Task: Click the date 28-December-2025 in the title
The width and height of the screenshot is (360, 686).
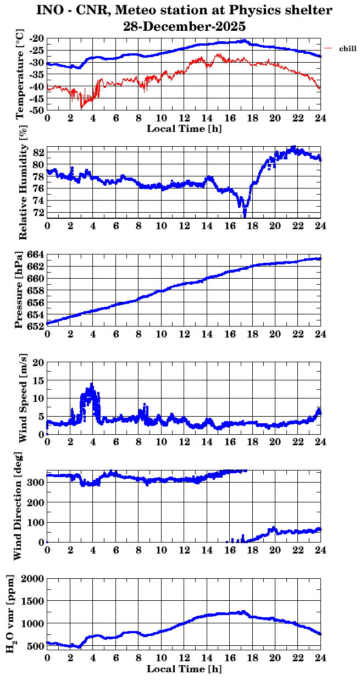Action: tap(184, 26)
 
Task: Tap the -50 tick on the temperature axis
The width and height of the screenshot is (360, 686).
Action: tap(37, 110)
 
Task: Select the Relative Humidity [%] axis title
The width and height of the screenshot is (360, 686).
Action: tap(23, 182)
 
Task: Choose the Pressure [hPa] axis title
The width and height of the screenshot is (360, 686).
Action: tap(20, 290)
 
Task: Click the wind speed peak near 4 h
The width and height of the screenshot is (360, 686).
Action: tap(91, 384)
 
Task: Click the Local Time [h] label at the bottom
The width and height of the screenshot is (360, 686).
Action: tap(184, 669)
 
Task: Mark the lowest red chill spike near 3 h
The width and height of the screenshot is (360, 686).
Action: tap(81, 107)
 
